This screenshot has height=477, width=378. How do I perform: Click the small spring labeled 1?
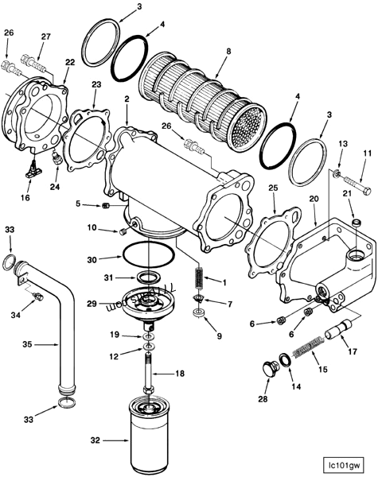[198, 279]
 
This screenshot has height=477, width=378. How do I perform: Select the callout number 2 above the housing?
[126, 98]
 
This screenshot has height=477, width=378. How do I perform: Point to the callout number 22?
[70, 62]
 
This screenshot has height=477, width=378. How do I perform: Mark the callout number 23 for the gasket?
[96, 83]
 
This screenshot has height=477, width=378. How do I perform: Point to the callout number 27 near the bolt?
[45, 37]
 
